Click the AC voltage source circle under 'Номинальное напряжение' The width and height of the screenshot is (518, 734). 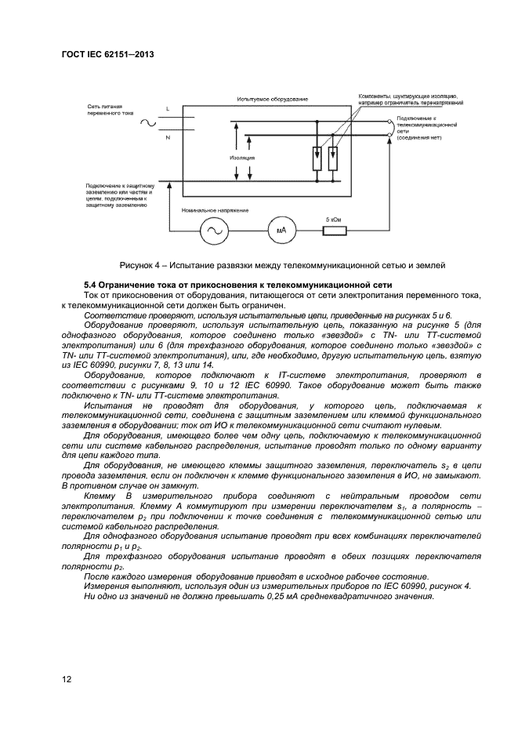coord(213,231)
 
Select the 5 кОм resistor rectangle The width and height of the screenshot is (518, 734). coord(334,231)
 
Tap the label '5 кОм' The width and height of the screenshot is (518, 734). coord(334,219)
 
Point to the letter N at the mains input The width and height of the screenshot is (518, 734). coord(167,136)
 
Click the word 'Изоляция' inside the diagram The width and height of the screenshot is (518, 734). coord(242,157)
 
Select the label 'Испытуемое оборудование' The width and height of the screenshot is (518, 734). coord(272,100)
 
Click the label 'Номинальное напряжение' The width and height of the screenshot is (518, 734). coord(214,210)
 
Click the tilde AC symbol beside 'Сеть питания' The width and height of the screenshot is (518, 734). coord(147,122)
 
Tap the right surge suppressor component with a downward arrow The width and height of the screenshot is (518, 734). coord(333,157)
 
